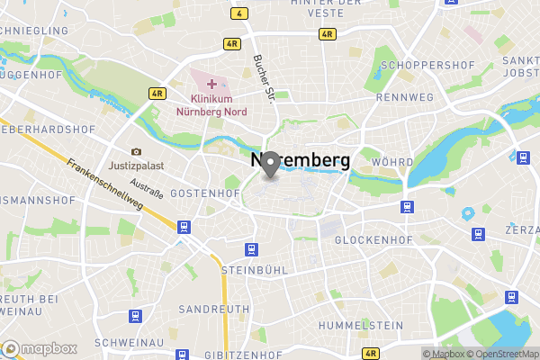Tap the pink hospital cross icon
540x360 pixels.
[211, 84]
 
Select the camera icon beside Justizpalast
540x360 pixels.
[137, 152]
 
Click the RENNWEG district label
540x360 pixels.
[405, 96]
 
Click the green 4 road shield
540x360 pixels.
[238, 13]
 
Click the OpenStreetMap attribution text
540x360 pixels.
[501, 354]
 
